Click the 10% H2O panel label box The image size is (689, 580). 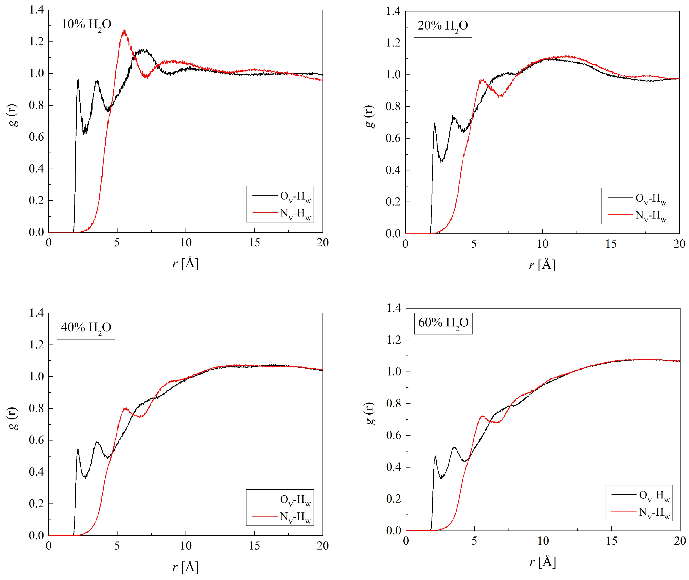[86, 25]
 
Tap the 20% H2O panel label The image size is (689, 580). [443, 26]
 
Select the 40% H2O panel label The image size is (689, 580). [86, 328]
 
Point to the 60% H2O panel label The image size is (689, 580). [443, 323]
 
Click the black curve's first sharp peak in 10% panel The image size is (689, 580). [78, 80]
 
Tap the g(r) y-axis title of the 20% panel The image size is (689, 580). [369, 117]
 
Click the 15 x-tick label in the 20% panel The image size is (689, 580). [611, 244]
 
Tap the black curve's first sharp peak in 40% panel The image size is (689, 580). [78, 449]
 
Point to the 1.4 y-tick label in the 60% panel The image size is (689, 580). [394, 308]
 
